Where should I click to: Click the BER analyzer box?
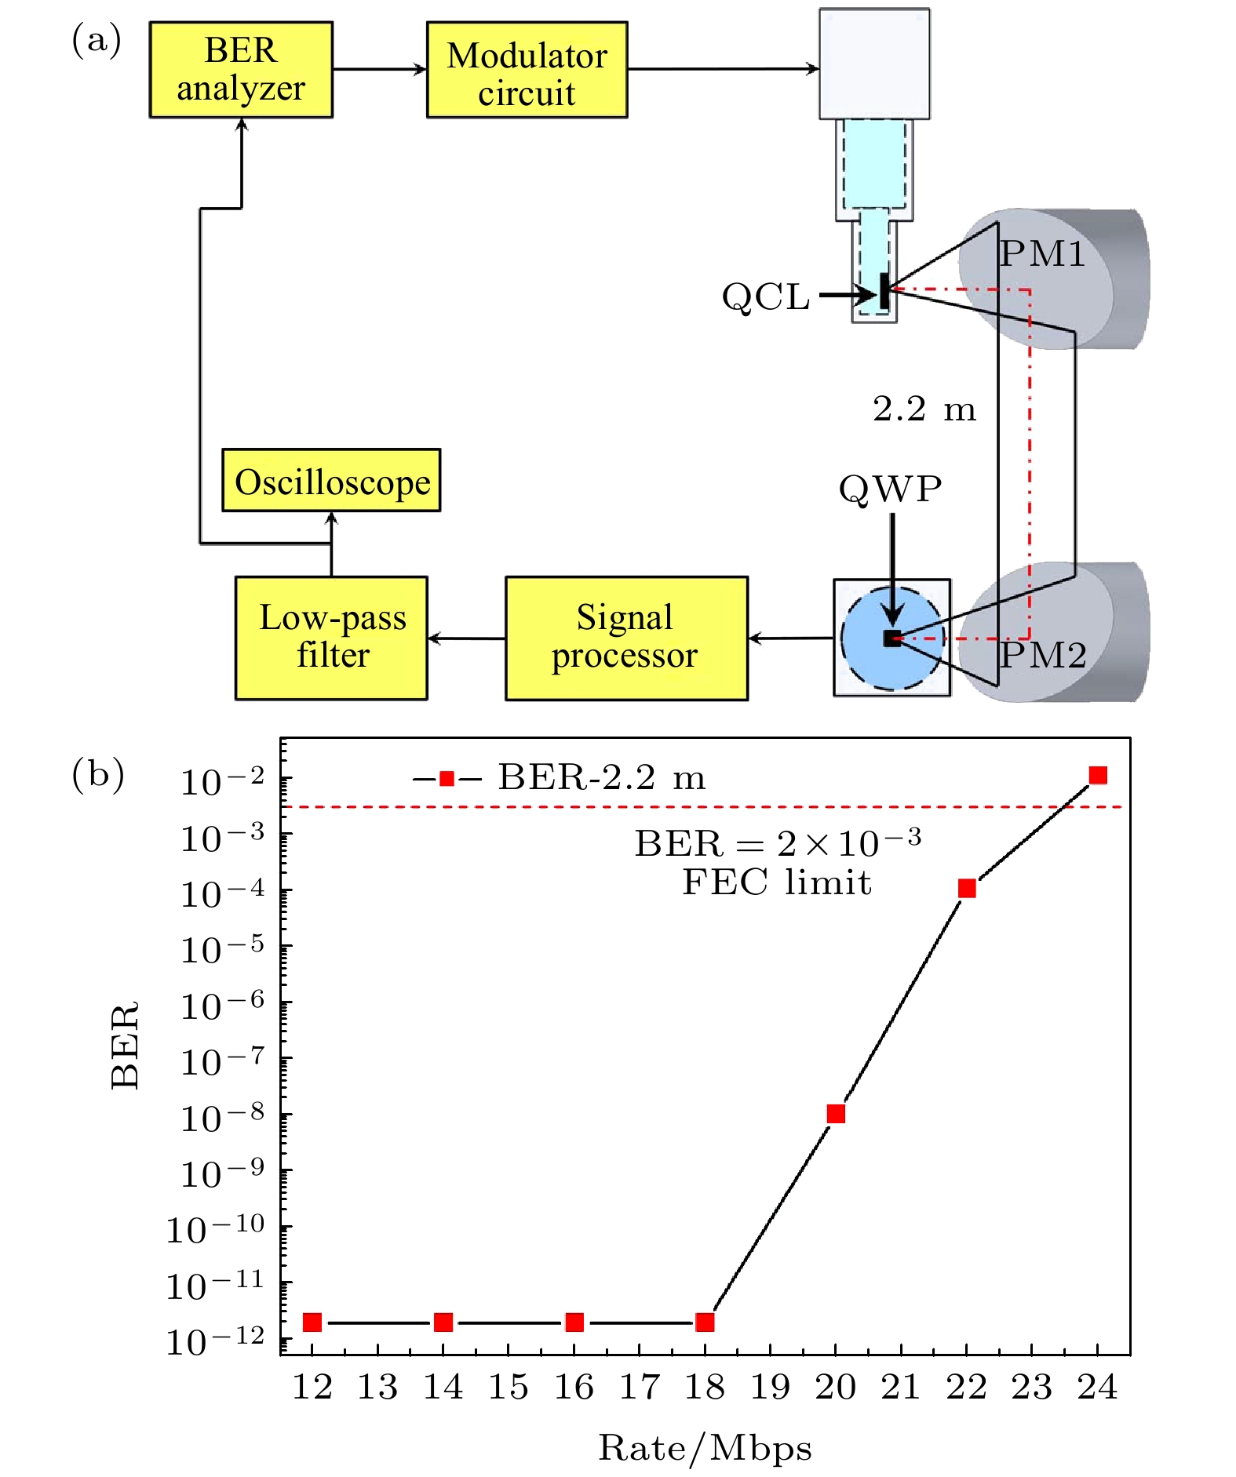[x=241, y=70]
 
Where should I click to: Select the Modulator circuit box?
[x=527, y=71]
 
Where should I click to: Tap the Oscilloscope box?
[x=331, y=481]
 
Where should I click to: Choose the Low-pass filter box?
[x=331, y=638]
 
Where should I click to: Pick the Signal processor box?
[x=626, y=638]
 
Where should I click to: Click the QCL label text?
[x=765, y=297]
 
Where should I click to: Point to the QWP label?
[x=890, y=489]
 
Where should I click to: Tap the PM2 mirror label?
[x=1042, y=655]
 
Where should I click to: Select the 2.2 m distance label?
[x=924, y=409]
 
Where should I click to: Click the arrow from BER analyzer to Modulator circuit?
[x=379, y=70]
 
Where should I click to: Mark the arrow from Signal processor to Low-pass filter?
[x=467, y=638]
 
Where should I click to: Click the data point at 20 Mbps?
[x=836, y=1114]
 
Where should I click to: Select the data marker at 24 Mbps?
[x=1098, y=776]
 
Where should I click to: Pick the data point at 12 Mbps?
[x=312, y=1322]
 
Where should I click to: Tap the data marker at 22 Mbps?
[x=967, y=888]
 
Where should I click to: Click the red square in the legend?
[x=447, y=779]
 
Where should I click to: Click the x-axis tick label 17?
[x=640, y=1388]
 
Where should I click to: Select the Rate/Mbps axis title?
[x=705, y=1448]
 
